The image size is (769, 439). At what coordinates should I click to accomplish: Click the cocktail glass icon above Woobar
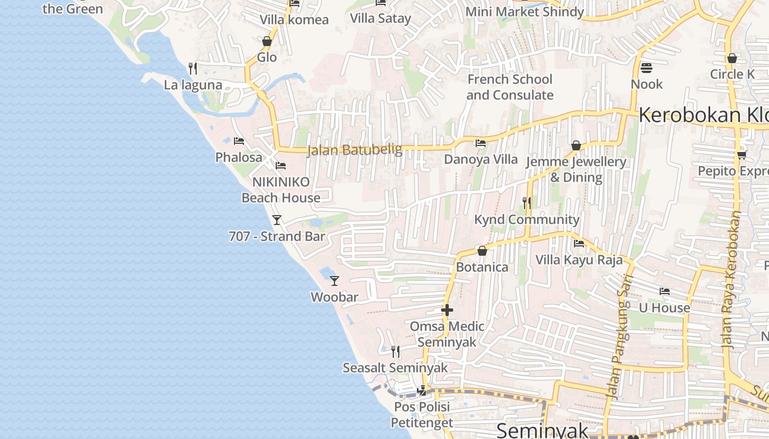coord(335,281)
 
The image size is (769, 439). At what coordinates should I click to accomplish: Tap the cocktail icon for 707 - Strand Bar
coord(277,220)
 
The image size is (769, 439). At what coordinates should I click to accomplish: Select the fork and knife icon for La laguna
coord(192,69)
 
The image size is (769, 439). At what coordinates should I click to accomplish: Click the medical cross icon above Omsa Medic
coord(447,310)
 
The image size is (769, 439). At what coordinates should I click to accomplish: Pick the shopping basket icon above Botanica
coord(482,251)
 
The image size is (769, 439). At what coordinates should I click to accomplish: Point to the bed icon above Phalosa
coord(239,141)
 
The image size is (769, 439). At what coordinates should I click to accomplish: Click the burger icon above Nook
coord(647,68)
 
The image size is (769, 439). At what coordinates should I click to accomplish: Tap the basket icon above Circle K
coord(732,58)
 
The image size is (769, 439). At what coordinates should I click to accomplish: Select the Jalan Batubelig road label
coord(354,150)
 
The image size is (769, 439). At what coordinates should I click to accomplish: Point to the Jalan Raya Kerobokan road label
coord(731,280)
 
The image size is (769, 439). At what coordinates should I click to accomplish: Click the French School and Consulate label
coord(510,87)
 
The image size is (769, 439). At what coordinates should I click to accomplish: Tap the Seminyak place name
coord(542,430)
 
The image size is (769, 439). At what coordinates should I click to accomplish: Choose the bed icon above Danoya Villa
coord(481,143)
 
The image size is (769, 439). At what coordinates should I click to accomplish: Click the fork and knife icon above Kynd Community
coord(527,203)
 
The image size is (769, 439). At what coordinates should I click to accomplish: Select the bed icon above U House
coord(665,291)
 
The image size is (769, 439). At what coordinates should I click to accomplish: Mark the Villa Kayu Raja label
coord(579,260)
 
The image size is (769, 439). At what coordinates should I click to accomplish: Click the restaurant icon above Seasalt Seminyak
coord(395,351)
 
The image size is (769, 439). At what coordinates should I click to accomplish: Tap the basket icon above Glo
coord(267,41)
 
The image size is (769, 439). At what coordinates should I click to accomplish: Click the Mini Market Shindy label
coord(525,12)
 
